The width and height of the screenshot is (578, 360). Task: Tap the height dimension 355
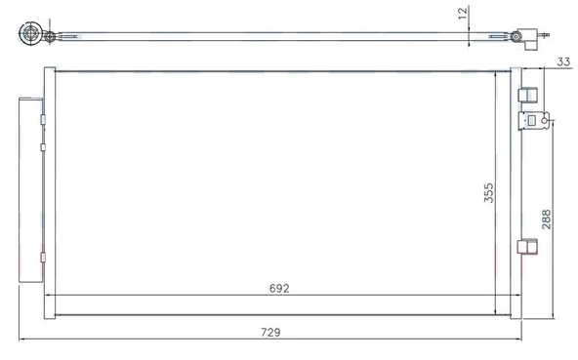click(489, 194)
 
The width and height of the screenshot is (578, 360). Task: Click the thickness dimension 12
click(464, 15)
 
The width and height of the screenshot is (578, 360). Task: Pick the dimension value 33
click(563, 61)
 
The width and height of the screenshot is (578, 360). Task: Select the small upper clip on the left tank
click(44, 118)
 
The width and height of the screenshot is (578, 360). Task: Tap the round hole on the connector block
click(549, 121)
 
